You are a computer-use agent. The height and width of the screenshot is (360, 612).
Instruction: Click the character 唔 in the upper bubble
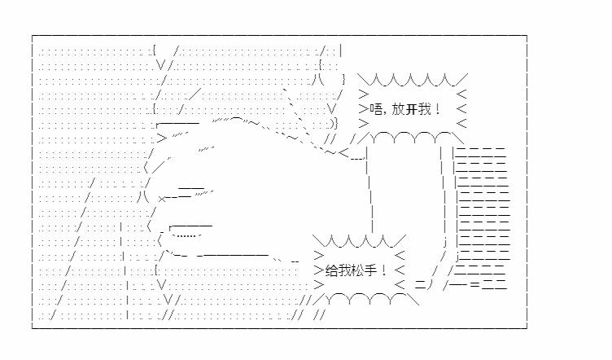[376, 109]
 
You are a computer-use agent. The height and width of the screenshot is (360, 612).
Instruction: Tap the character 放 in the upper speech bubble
[398, 109]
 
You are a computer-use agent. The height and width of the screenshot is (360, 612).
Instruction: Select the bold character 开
[411, 109]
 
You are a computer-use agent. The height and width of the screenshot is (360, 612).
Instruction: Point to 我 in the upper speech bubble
[424, 109]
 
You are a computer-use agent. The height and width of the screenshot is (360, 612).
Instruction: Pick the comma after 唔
[385, 113]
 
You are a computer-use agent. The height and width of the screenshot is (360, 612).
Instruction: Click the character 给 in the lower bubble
[331, 270]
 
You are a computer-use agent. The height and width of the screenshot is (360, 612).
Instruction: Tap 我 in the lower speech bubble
[344, 270]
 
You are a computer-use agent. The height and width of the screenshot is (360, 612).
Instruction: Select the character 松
[357, 270]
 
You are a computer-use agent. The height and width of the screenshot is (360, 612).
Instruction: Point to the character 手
[370, 270]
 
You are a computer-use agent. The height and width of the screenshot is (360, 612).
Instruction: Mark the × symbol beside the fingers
[163, 199]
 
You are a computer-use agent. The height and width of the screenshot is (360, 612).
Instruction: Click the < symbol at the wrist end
[343, 152]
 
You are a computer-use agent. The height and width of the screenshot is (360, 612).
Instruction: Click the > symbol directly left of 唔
[363, 109]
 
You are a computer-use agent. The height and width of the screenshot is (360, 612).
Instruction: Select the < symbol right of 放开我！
[461, 109]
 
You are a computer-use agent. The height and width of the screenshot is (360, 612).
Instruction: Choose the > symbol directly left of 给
[319, 270]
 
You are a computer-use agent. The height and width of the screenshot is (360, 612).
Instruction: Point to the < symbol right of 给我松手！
[400, 270]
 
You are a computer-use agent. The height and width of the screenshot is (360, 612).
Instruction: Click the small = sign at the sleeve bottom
[475, 284]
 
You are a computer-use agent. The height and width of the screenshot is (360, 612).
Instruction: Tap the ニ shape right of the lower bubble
[420, 284]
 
